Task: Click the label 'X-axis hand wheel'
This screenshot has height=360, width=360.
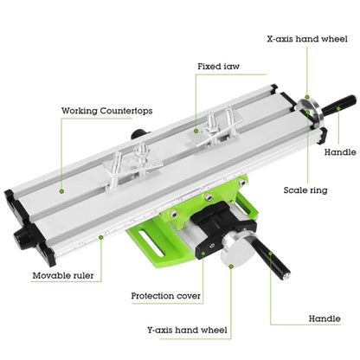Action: point(307,39)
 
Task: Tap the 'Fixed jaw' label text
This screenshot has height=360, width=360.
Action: point(218,67)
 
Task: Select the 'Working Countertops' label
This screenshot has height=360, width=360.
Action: point(107,111)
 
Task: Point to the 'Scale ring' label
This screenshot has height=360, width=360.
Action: point(305,190)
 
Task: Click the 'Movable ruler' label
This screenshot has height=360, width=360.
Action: point(63,275)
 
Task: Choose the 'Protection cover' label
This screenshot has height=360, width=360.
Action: point(165,296)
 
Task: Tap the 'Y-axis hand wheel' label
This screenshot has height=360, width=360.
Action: point(187,330)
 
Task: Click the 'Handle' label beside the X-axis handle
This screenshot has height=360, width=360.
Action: point(340,152)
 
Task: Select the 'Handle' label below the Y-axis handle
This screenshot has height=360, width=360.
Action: point(325,318)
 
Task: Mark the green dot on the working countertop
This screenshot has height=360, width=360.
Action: point(61,191)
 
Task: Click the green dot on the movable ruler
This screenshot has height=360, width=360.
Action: point(101,237)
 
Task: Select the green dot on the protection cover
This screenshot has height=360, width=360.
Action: point(203,254)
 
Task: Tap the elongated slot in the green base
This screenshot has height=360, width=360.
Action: point(151,243)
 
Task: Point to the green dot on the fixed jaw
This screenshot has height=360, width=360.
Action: point(196,131)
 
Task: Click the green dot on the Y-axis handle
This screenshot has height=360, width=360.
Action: point(270,254)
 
